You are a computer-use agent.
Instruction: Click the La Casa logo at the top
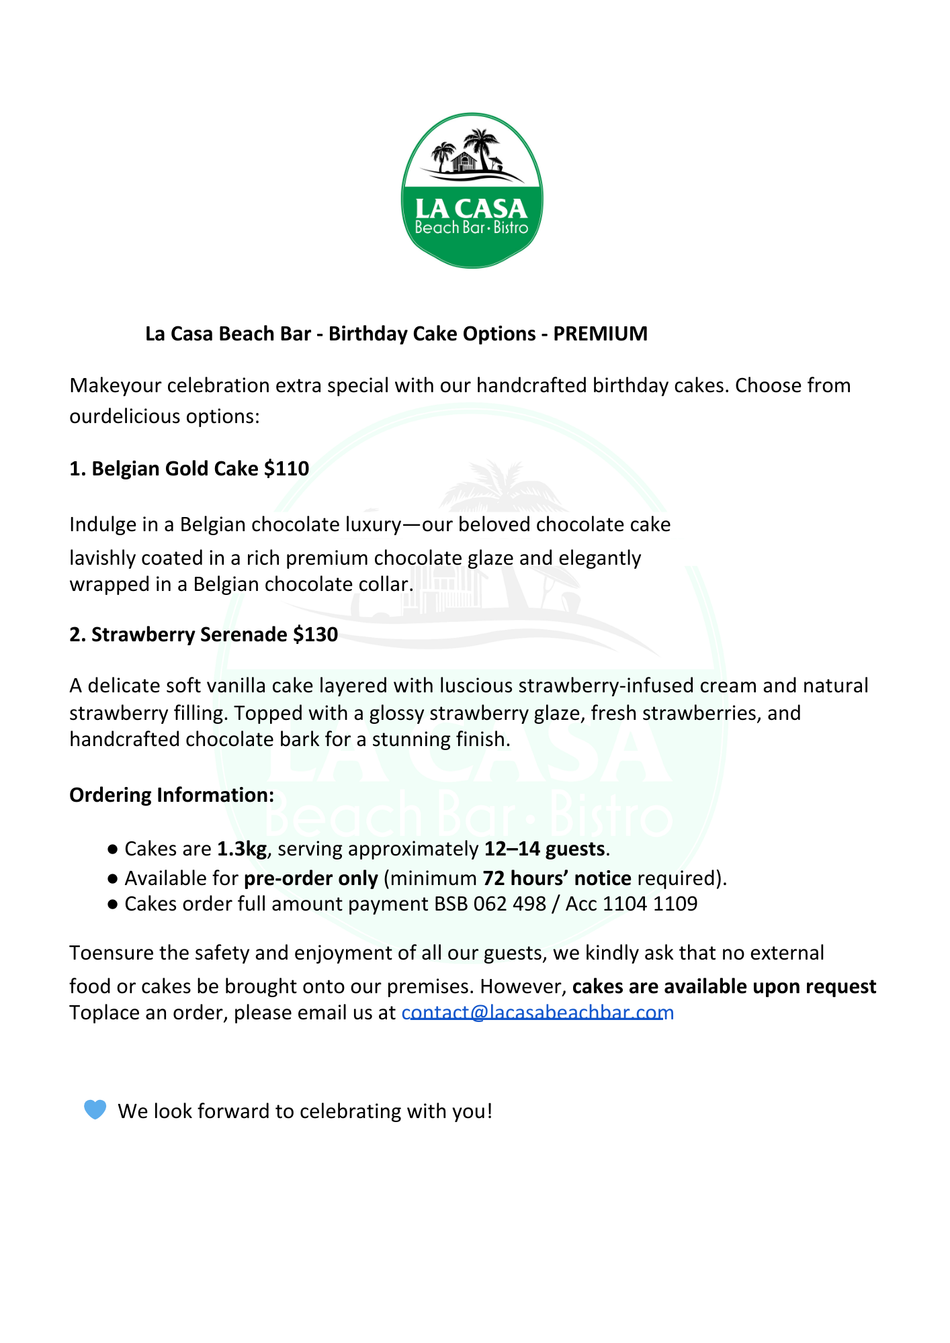[x=472, y=191]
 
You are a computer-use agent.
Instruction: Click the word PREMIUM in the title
[x=600, y=334]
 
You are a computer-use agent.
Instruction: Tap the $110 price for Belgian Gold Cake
[x=287, y=469]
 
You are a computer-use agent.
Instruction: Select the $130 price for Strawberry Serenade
[x=315, y=635]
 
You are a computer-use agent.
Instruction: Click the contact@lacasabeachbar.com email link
[x=537, y=1013]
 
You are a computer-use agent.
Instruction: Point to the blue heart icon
[x=95, y=1110]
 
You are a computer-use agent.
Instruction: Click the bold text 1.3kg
[x=242, y=849]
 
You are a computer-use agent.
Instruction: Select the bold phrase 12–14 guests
[x=544, y=849]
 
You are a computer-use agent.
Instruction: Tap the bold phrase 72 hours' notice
[x=557, y=878]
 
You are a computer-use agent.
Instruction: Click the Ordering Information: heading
[x=171, y=795]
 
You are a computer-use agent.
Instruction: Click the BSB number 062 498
[x=509, y=904]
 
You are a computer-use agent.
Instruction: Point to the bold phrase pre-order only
[x=310, y=878]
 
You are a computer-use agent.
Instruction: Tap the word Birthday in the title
[x=368, y=334]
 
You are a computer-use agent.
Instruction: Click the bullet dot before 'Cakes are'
[x=113, y=849]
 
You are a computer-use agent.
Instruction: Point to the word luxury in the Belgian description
[x=372, y=524]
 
